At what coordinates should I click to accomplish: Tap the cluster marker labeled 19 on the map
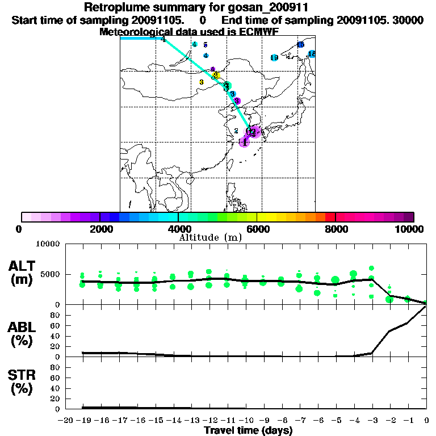(x=274, y=58)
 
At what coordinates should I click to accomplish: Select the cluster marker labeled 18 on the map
(x=312, y=54)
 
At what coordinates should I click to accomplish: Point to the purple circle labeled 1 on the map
(x=244, y=142)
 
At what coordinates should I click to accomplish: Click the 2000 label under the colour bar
(x=100, y=229)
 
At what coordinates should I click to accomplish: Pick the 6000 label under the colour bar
(x=257, y=229)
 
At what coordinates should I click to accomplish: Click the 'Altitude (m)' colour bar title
(x=210, y=237)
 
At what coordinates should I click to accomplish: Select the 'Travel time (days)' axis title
(x=248, y=430)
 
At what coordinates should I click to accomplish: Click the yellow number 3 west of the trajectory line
(x=202, y=82)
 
